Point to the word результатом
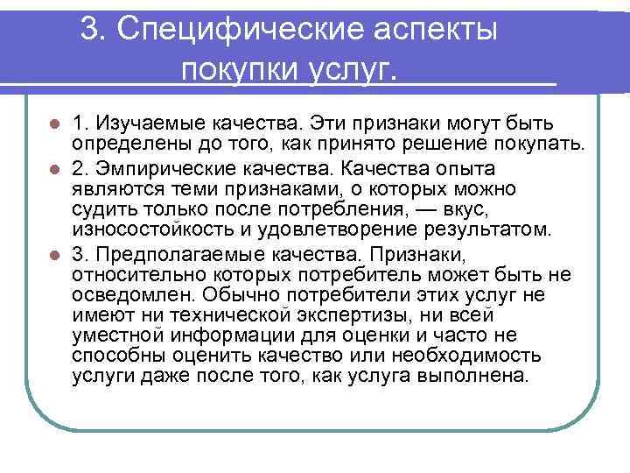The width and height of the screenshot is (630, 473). pos(500,231)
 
